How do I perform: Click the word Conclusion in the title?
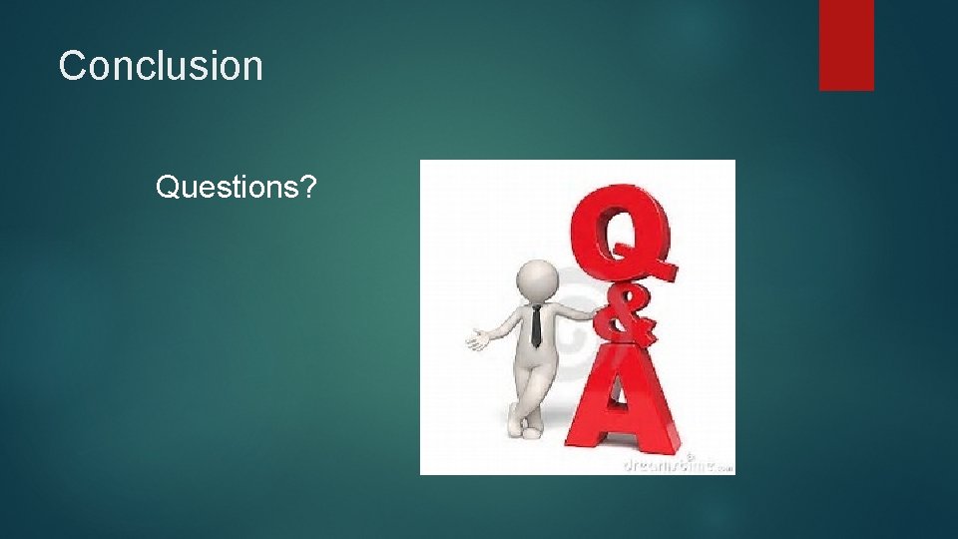(x=161, y=67)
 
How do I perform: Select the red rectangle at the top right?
(x=846, y=45)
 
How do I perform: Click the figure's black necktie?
(x=536, y=325)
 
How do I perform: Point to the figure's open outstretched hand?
(x=477, y=339)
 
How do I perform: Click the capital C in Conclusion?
(x=73, y=67)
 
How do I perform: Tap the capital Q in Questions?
(x=168, y=187)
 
